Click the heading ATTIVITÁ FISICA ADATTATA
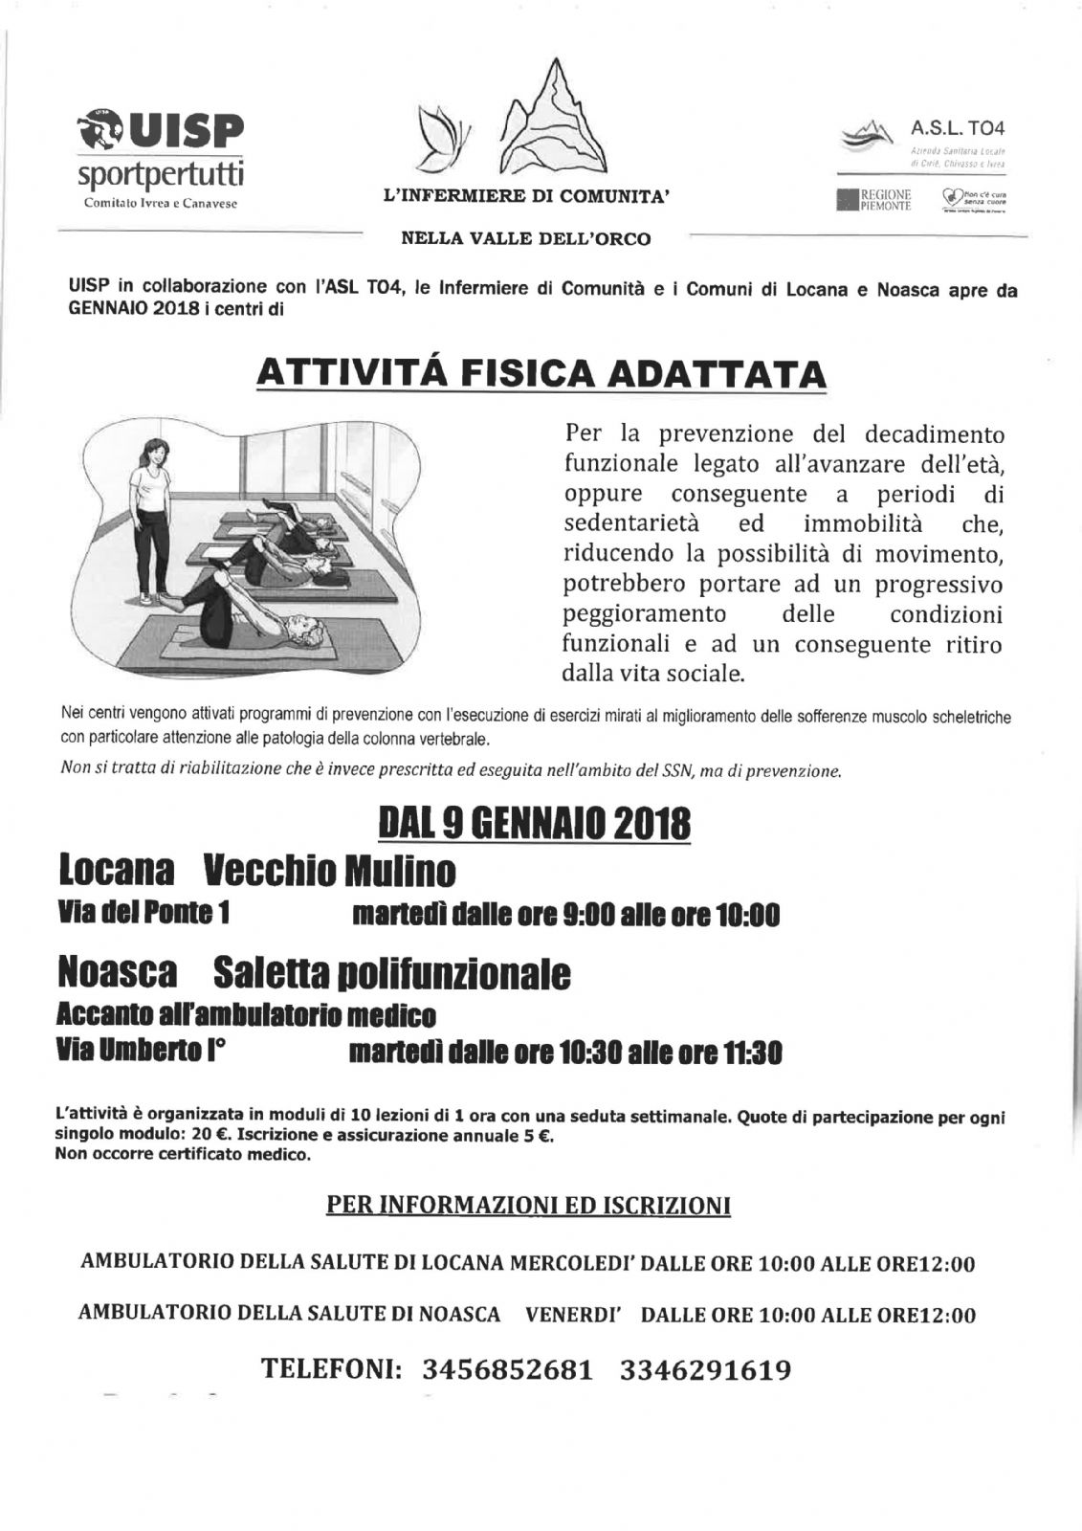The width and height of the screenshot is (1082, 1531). [541, 372]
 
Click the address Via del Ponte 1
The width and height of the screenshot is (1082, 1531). [144, 914]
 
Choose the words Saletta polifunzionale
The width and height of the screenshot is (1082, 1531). [392, 973]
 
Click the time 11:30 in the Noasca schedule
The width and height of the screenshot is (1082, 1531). [750, 1054]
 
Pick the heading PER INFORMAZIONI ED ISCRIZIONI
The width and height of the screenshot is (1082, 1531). [528, 1205]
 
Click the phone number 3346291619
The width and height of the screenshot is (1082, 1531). [705, 1370]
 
